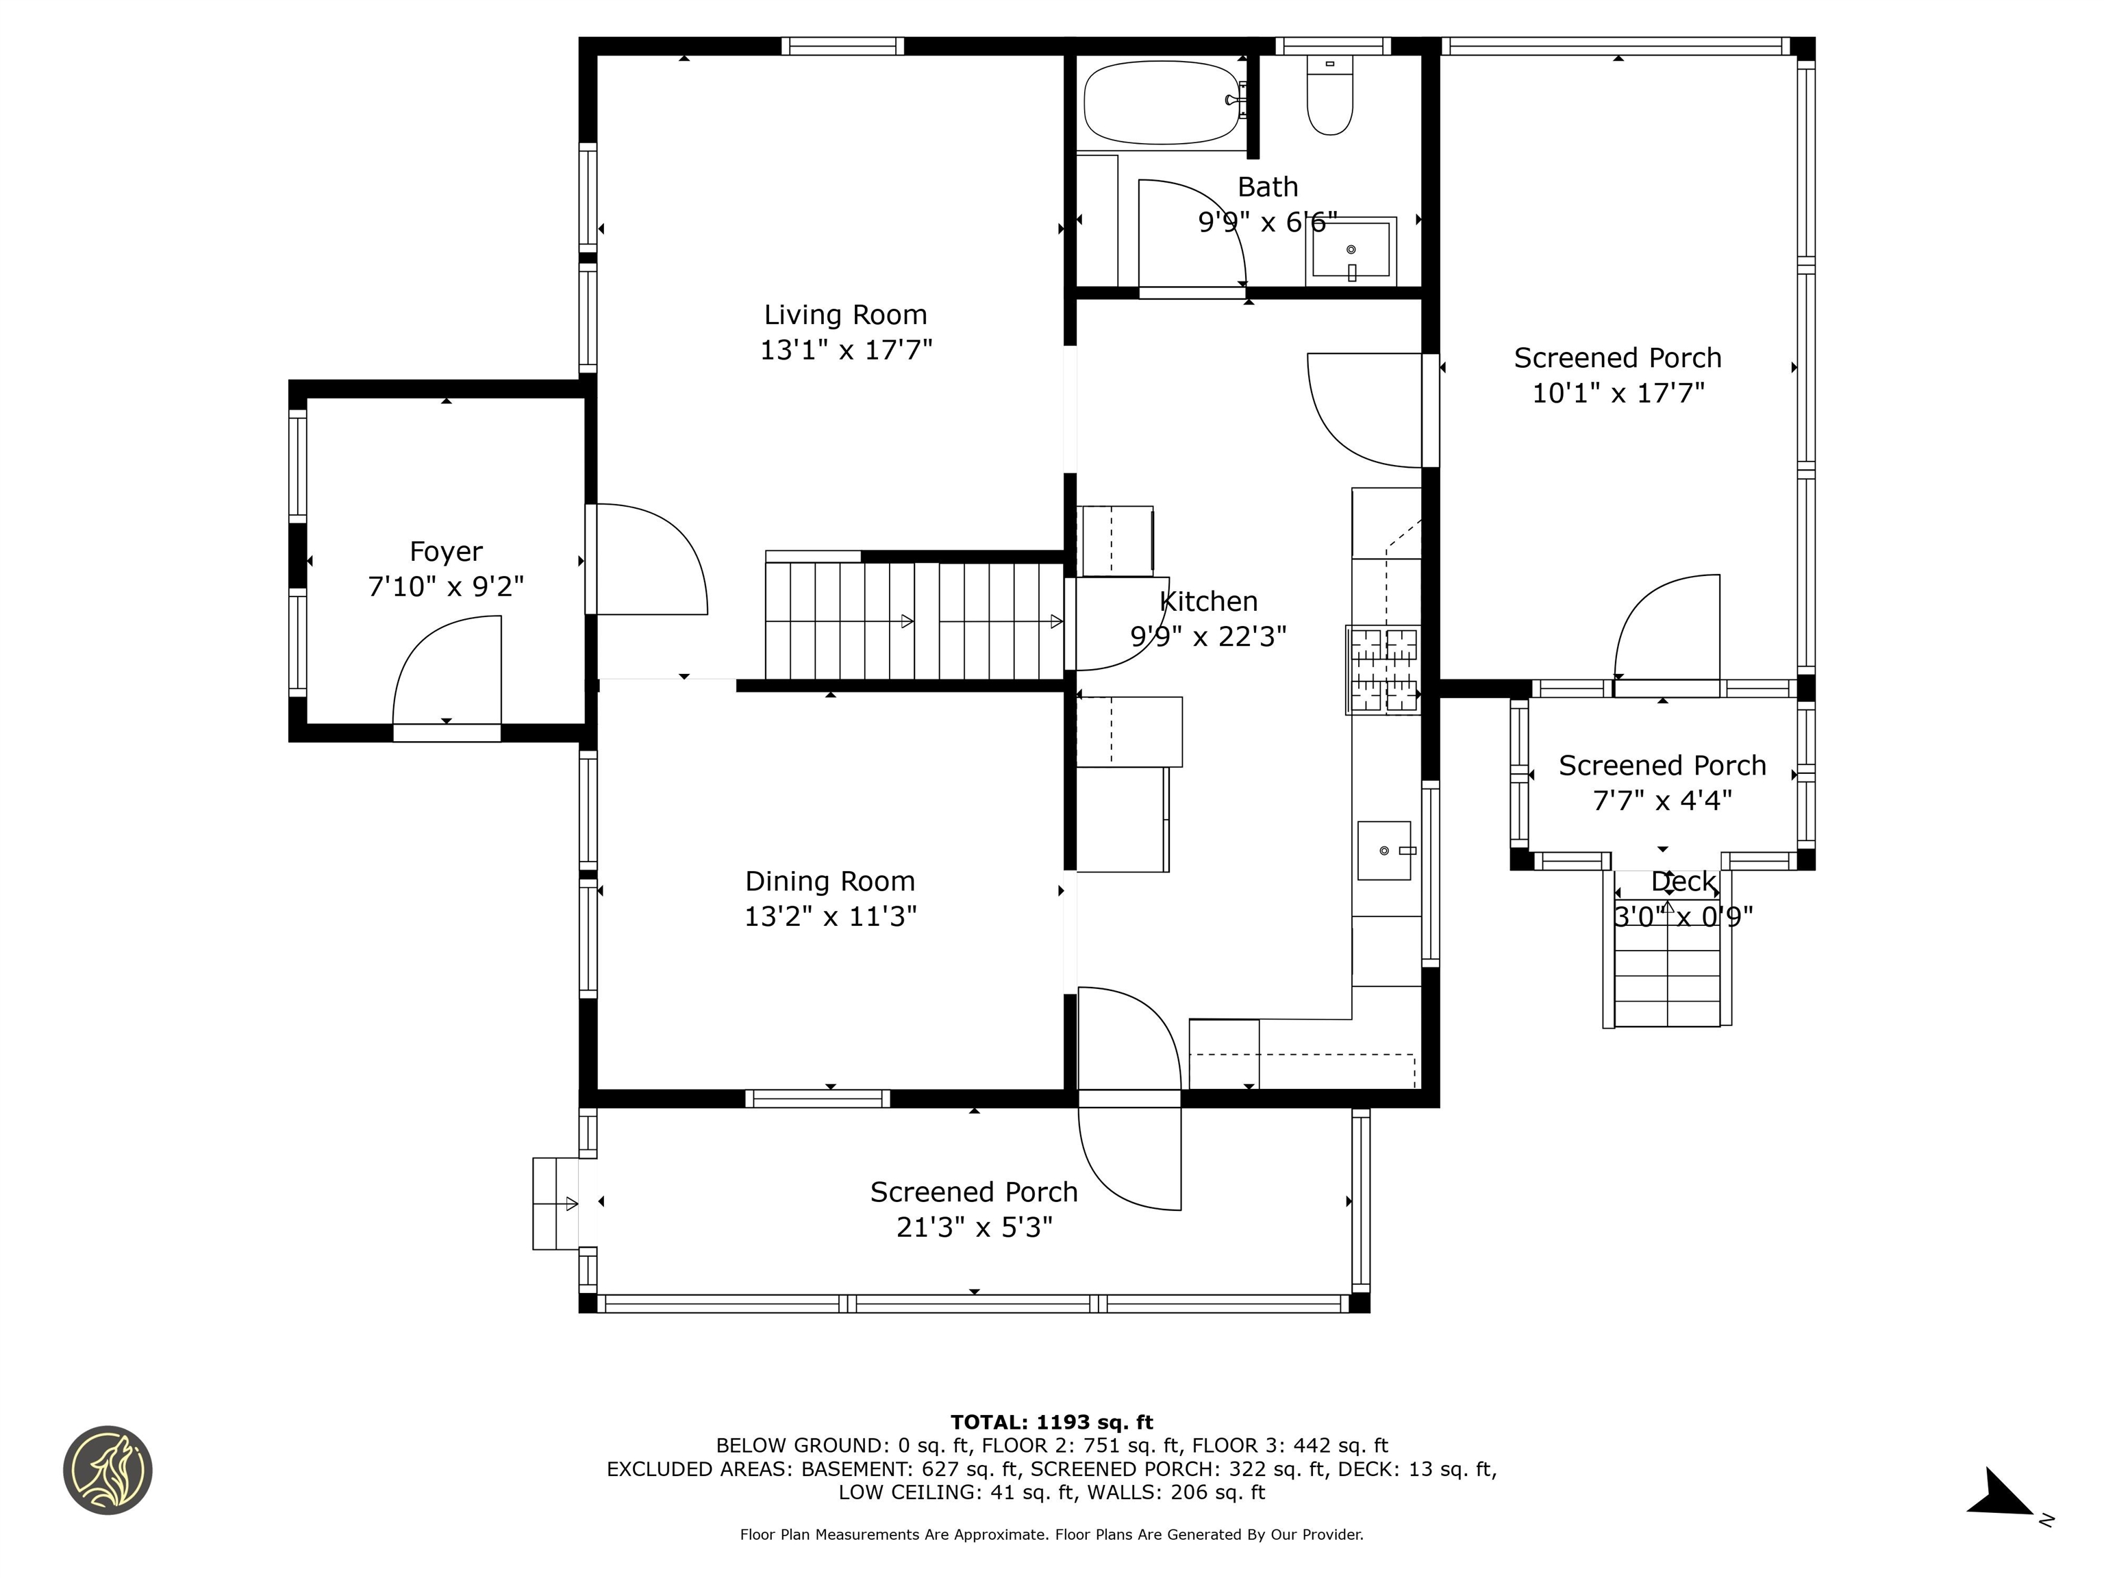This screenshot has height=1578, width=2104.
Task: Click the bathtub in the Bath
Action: click(x=1160, y=102)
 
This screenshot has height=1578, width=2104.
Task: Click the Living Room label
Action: click(x=844, y=315)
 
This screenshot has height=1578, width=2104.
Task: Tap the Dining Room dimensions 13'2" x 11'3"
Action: click(x=830, y=916)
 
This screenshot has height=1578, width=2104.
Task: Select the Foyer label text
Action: click(x=445, y=551)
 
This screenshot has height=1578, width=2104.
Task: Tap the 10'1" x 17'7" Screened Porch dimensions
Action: click(x=1618, y=393)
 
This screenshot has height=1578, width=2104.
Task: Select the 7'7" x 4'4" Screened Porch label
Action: click(x=1662, y=766)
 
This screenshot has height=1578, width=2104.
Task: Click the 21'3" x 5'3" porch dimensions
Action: click(x=974, y=1228)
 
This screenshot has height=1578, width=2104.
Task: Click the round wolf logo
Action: click(x=108, y=1470)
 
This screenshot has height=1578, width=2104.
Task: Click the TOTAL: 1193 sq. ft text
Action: click(x=1051, y=1423)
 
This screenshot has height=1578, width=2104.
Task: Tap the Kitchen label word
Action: click(x=1208, y=601)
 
